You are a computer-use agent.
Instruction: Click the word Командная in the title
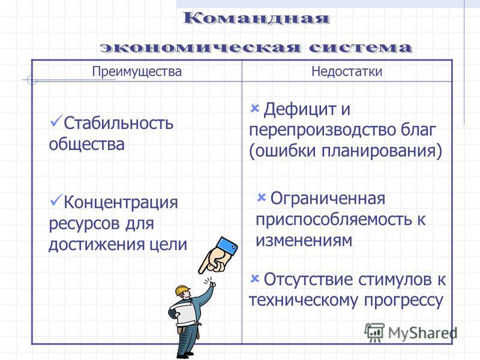pyautogui.click(x=256, y=18)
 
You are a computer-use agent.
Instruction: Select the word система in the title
pyautogui.click(x=361, y=48)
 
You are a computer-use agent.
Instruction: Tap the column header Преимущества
pyautogui.click(x=137, y=71)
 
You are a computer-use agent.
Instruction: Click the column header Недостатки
pyautogui.click(x=347, y=71)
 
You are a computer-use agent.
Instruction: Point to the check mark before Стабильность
pyautogui.click(x=56, y=121)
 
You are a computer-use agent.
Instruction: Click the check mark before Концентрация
pyautogui.click(x=56, y=200)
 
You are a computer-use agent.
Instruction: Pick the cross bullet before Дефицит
pyautogui.click(x=254, y=109)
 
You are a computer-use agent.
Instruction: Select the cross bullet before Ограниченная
pyautogui.click(x=261, y=197)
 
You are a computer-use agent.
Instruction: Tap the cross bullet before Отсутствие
pyautogui.click(x=254, y=279)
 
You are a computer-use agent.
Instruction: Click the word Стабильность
pyautogui.click(x=118, y=123)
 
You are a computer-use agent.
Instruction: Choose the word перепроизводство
pyautogui.click(x=323, y=130)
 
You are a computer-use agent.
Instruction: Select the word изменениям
pyautogui.click(x=304, y=240)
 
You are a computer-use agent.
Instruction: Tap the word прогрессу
pyautogui.click(x=403, y=301)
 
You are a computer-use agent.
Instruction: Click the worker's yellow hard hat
pyautogui.click(x=182, y=290)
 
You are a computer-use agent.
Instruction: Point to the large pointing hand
pyautogui.click(x=218, y=256)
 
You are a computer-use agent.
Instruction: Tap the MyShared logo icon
pyautogui.click(x=374, y=332)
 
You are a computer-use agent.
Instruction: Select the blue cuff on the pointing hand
pyautogui.click(x=227, y=247)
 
